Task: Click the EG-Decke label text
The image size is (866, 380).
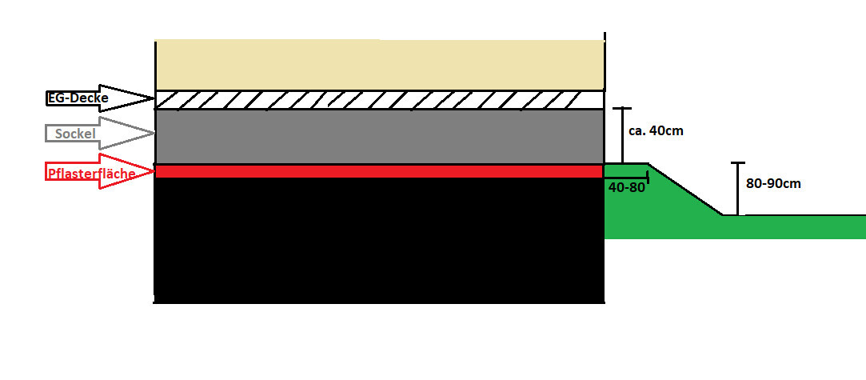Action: coord(78,99)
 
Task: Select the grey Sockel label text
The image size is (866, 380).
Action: coord(76,134)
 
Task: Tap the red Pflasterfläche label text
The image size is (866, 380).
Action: coord(90,173)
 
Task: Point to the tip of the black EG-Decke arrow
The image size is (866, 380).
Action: coord(154,99)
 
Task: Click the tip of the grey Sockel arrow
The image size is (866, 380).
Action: coord(154,133)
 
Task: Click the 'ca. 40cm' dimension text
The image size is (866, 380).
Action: coord(656,131)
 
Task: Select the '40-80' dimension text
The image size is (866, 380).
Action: coord(626,187)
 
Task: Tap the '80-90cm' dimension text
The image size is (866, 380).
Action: coord(773,184)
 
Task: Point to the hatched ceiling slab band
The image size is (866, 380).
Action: coord(379,100)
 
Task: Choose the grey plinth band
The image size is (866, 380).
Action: coord(379,137)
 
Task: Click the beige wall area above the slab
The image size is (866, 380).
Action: coord(379,65)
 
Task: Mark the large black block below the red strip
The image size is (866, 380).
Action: coord(379,240)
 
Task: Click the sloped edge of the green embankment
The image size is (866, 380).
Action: coord(685,190)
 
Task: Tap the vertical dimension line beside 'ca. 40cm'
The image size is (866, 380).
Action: coord(622,135)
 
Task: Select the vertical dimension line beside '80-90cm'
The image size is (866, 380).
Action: coord(737,189)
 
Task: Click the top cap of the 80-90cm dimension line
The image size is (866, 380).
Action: coord(737,163)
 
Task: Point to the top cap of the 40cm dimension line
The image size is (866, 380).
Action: coord(622,108)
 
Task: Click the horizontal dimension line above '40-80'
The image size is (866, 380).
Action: coord(626,178)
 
